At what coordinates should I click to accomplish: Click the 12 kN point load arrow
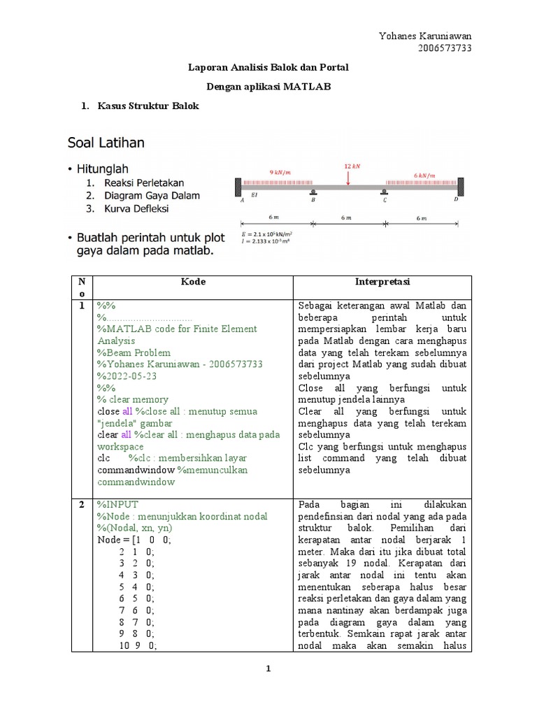[x=348, y=178]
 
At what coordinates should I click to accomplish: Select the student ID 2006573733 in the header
[x=445, y=48]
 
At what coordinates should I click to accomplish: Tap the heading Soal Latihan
[x=106, y=143]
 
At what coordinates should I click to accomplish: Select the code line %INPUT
[x=118, y=504]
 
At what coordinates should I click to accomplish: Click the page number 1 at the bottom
[x=268, y=669]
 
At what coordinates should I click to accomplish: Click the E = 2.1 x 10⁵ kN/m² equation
[x=267, y=234]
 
